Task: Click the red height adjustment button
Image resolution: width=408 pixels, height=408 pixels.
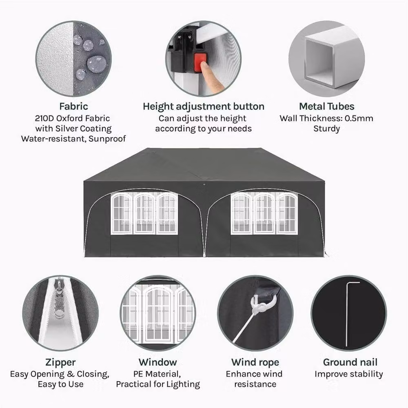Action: (x=200, y=62)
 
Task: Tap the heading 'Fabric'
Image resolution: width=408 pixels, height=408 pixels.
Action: (x=73, y=106)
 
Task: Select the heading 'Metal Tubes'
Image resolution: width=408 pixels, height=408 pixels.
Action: (x=326, y=106)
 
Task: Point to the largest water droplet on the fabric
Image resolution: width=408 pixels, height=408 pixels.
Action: (x=96, y=64)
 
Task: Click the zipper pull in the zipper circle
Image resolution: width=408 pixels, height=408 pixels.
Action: (x=60, y=299)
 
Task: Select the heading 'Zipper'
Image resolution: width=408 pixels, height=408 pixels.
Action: (x=60, y=362)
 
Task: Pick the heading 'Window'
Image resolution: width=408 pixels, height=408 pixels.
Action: (x=157, y=362)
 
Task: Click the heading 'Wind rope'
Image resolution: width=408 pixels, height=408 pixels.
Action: (x=255, y=362)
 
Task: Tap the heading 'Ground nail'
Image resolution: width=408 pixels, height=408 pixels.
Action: (x=350, y=362)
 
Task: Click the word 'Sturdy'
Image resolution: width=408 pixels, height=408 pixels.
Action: (x=326, y=129)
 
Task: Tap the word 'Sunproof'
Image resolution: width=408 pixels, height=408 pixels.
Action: (x=107, y=139)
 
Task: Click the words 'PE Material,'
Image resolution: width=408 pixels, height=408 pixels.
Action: (x=157, y=374)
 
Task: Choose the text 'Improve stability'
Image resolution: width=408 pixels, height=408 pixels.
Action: (x=349, y=374)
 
